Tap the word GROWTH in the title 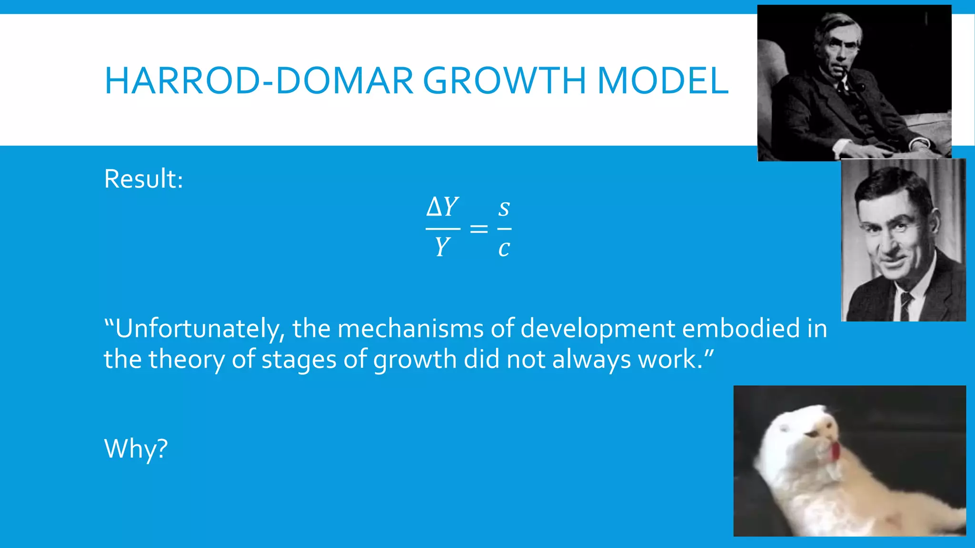(504, 81)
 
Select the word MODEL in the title (662, 81)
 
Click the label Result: (143, 179)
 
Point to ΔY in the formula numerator (442, 207)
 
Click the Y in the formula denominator (442, 247)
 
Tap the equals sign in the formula (478, 229)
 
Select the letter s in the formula (504, 208)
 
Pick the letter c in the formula (504, 248)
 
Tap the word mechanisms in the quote (410, 328)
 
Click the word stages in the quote (299, 360)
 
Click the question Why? (136, 449)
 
